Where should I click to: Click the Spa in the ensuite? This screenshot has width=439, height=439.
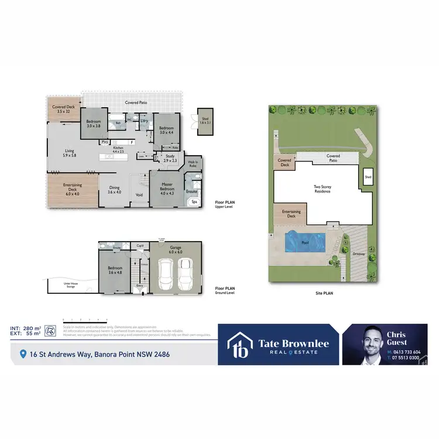194,202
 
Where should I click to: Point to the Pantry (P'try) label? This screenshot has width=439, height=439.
105,142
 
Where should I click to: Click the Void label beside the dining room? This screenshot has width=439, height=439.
139,195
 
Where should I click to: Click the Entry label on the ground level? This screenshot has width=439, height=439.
140,286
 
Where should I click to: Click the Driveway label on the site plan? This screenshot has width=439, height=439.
359,253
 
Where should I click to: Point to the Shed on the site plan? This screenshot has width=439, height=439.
368,177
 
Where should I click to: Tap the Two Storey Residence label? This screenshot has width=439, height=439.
323,189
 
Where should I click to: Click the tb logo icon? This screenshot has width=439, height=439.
239,347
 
